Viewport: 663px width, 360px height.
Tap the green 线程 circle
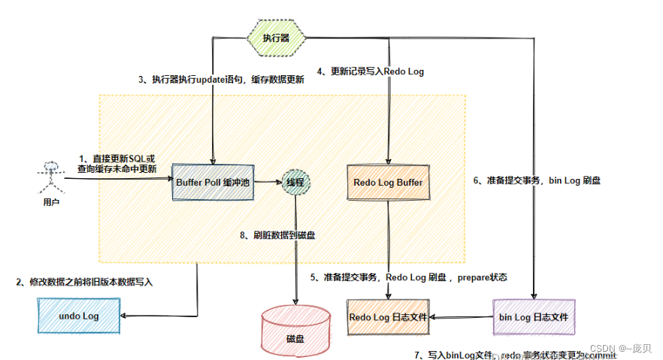coord(295,182)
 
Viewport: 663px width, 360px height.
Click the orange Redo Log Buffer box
coord(388,182)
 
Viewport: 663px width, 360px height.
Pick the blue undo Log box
coord(79,316)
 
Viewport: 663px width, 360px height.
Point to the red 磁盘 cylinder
coord(295,330)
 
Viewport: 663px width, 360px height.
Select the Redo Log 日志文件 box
coord(388,317)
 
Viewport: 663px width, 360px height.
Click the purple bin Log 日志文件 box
coord(534,317)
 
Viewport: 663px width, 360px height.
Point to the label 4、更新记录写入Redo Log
coord(370,71)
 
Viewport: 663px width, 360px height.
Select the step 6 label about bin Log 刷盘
coord(536,180)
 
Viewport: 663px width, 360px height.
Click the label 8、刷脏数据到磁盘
coord(277,235)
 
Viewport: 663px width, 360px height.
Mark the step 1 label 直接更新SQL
coord(117,164)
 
